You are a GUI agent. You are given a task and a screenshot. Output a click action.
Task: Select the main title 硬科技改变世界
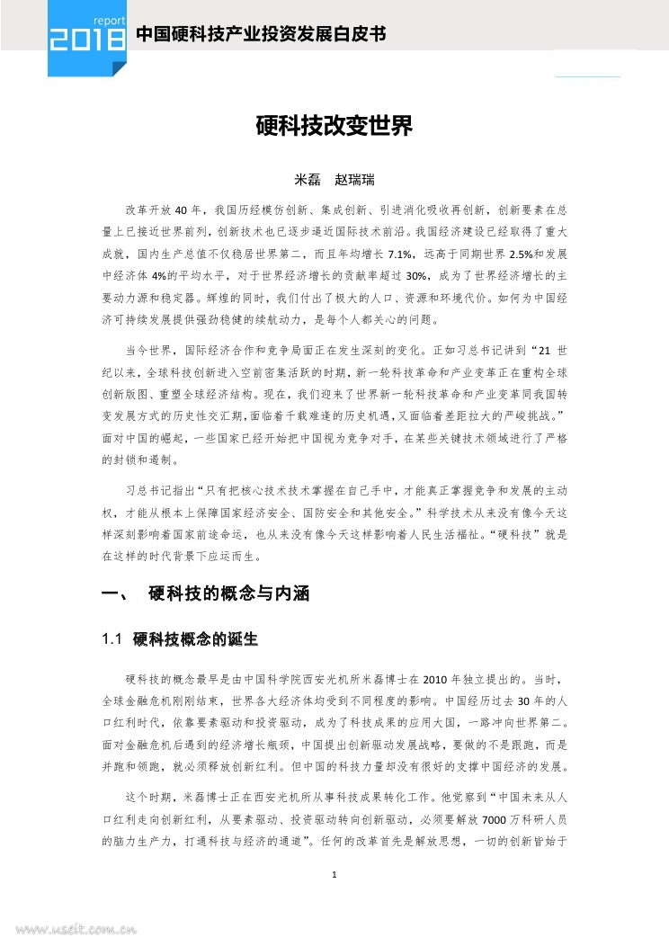pos(334,127)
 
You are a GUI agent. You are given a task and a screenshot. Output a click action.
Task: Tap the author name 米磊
pos(309,180)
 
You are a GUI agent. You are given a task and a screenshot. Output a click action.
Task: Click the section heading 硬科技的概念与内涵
pos(228,594)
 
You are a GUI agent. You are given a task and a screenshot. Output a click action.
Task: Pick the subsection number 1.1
pos(112,640)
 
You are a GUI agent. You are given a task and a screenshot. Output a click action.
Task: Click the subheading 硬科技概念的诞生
pos(195,640)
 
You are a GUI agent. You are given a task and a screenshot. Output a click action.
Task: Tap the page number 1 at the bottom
pos(334,873)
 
